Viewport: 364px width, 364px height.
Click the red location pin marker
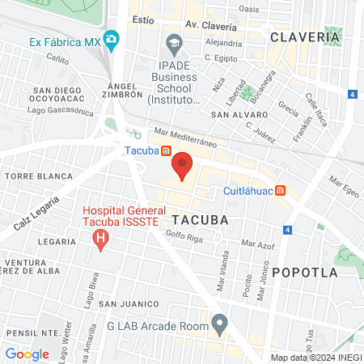point(183,167)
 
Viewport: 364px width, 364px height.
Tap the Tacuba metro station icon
point(166,150)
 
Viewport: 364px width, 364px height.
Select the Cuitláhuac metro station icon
point(281,191)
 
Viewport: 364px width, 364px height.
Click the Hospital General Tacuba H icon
point(100,238)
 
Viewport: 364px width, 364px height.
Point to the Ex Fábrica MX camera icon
point(112,39)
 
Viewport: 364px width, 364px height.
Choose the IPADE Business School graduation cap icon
point(173,42)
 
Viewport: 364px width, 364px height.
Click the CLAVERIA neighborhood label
point(304,37)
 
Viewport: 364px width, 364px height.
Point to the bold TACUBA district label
point(199,219)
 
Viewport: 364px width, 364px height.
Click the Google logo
point(27,353)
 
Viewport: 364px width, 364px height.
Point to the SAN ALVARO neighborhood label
point(235,115)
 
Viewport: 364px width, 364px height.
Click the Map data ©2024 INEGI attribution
point(315,357)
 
